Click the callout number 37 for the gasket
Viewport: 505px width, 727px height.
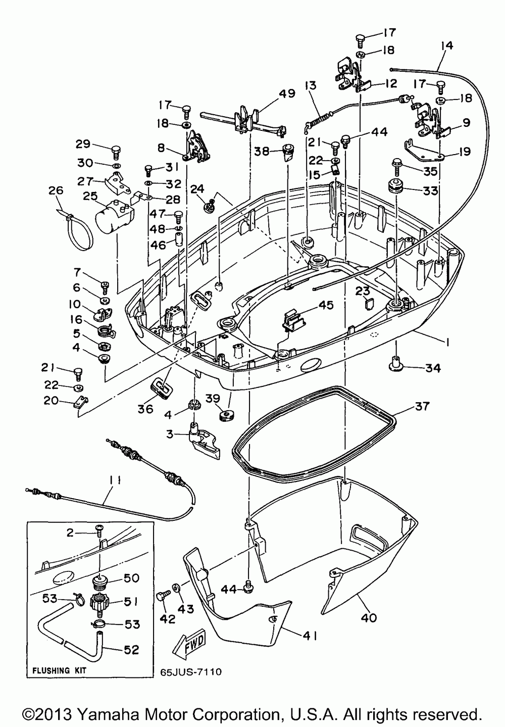pyautogui.click(x=422, y=406)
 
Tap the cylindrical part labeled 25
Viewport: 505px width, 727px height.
pyautogui.click(x=116, y=215)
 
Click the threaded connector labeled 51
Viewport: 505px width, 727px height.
pyautogui.click(x=99, y=603)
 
